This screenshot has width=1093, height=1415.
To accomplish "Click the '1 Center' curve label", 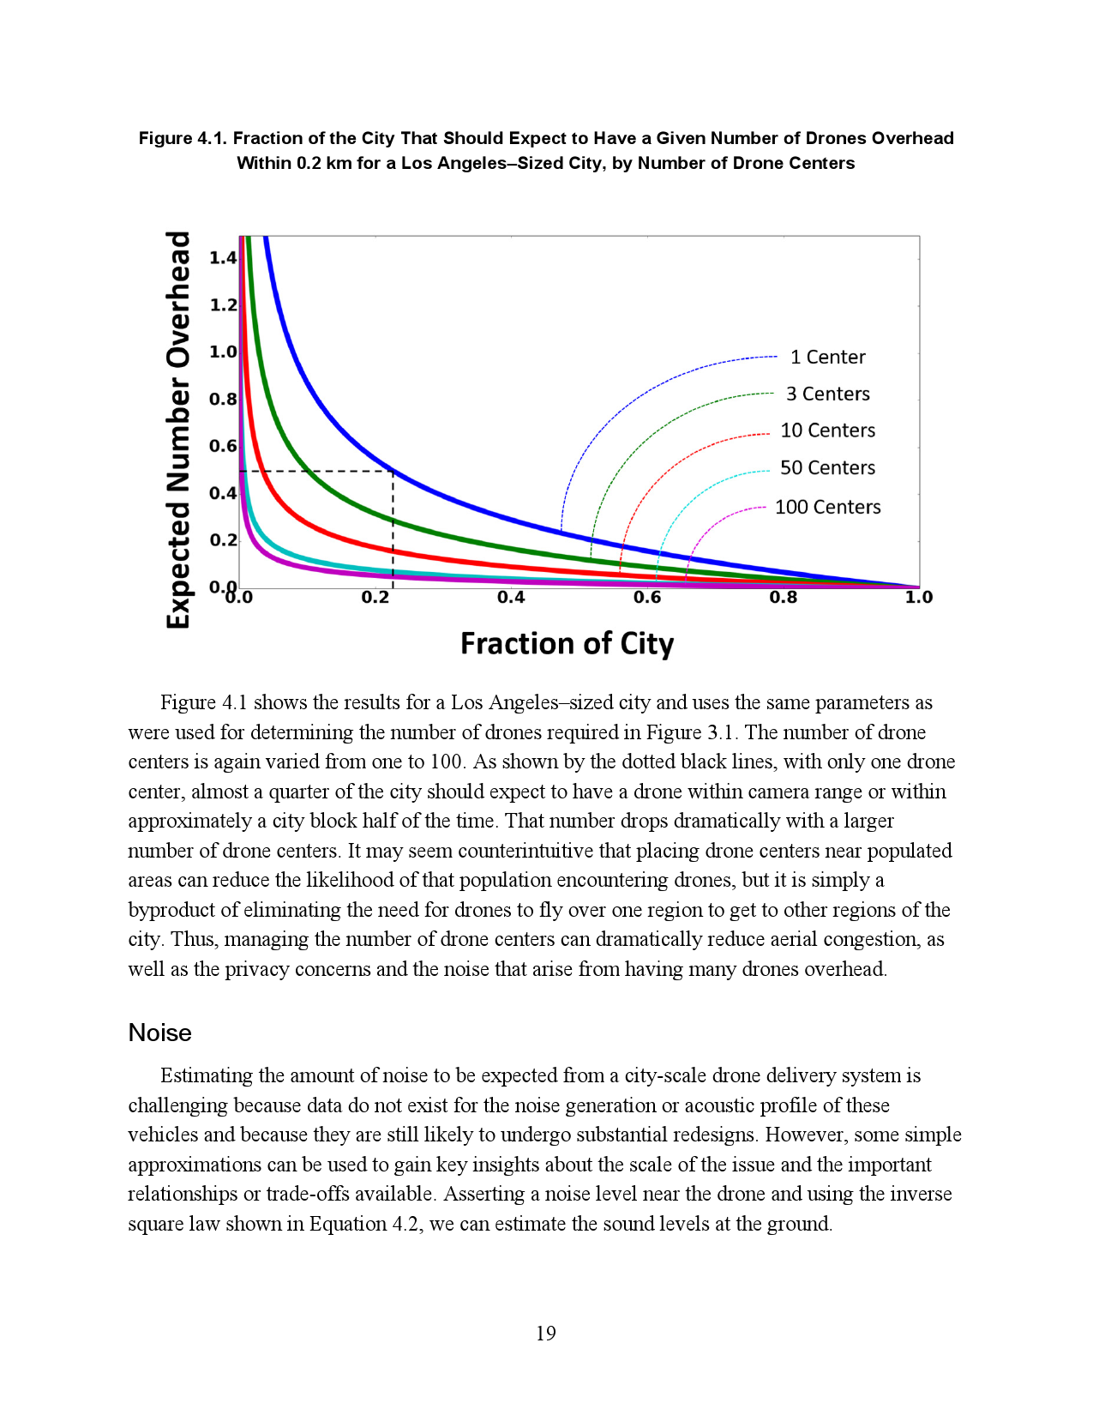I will pos(827,357).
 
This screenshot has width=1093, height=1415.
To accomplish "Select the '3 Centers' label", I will pos(827,394).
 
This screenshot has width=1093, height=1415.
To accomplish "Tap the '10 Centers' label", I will pos(827,431).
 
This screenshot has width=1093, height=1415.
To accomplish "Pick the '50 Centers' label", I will pos(827,467).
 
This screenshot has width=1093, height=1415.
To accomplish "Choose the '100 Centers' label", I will pos(827,507).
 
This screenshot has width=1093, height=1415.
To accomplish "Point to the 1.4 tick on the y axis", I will pos(223,257).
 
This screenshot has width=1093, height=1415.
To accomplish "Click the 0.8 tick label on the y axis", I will pos(223,399).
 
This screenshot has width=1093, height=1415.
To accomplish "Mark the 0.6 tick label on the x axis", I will pos(647,598).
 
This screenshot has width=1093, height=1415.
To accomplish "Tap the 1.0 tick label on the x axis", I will pos(918,598).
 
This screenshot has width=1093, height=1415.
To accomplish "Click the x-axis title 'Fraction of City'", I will pos(567,643).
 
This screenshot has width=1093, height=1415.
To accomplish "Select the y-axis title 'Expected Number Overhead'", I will pos(177,430).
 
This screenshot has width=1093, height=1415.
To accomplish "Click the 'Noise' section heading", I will pos(159,1033).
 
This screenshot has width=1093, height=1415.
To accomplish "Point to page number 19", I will pos(546,1334).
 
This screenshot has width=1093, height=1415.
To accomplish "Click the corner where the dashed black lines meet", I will pos(393,471).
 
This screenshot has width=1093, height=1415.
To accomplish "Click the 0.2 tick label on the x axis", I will pos(375,598).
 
